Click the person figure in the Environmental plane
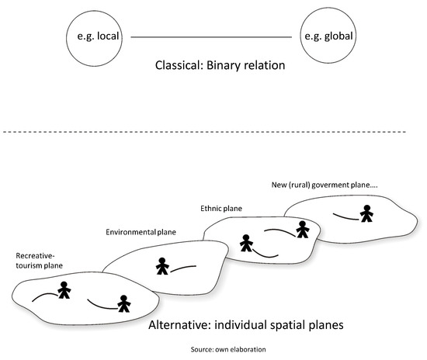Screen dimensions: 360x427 (x=162, y=266)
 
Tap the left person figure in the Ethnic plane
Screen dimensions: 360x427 (x=246, y=244)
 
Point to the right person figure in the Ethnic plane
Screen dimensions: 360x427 (x=301, y=229)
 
